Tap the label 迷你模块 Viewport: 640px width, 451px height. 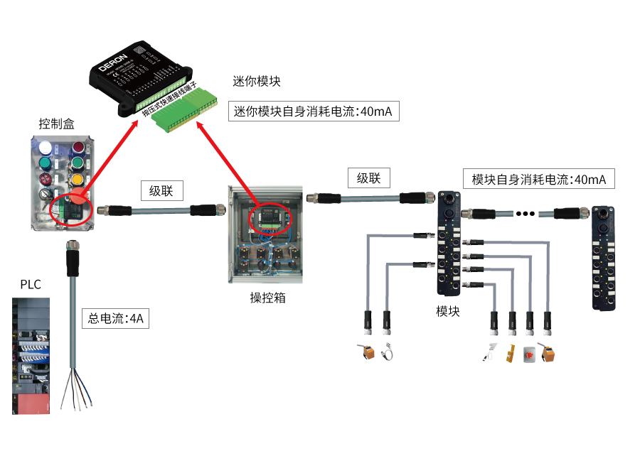[256, 82]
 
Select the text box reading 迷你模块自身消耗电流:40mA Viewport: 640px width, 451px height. [313, 112]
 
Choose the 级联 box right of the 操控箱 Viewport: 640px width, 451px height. [373, 178]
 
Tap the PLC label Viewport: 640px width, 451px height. [30, 285]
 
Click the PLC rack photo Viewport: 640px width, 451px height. [31, 355]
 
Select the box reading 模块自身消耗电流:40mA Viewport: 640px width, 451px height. [538, 179]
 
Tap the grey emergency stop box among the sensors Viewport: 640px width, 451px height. [528, 354]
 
